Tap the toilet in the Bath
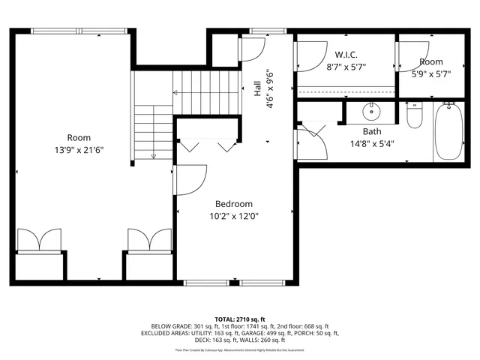[415, 116]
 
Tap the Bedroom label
[233, 204]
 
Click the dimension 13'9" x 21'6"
[79, 149]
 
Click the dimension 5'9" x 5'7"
[430, 73]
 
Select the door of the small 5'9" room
[411, 52]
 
